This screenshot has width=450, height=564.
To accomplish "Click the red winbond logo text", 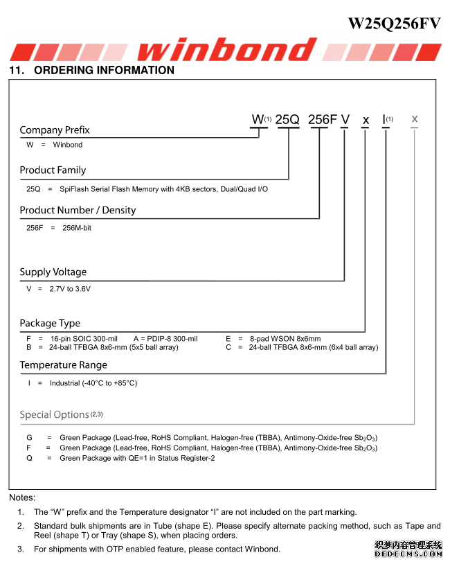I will coord(226,49).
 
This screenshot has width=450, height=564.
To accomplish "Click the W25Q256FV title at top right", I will coord(394,23).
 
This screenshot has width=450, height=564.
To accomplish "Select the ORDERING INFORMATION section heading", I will coord(91,70).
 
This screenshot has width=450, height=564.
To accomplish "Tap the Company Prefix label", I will coord(55,130).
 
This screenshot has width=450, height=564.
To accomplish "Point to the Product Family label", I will coord(53,170).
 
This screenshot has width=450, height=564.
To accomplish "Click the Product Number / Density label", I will coord(78,211).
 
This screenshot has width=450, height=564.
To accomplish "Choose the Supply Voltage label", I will coord(53,272).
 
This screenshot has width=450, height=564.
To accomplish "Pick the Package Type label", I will coord(50,324).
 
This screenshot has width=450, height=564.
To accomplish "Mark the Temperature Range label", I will coord(63,365).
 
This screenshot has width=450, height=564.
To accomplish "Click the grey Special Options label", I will coord(54,415).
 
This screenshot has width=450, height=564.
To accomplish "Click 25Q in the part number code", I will coord(287,120).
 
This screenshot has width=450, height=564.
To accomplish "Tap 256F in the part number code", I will coord(322,120).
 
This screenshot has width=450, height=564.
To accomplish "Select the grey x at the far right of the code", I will coord(415,119).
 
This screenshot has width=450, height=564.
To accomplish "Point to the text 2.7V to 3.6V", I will coord(70,289).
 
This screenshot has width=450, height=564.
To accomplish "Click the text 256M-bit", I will coord(77,228).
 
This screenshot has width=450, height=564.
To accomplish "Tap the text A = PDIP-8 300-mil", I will coord(165,339).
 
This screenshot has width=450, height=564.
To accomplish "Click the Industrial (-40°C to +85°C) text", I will coord(93,383).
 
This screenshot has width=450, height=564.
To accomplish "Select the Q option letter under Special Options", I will coord(30,458).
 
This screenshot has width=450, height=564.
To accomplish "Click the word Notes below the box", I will coord(22,497).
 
